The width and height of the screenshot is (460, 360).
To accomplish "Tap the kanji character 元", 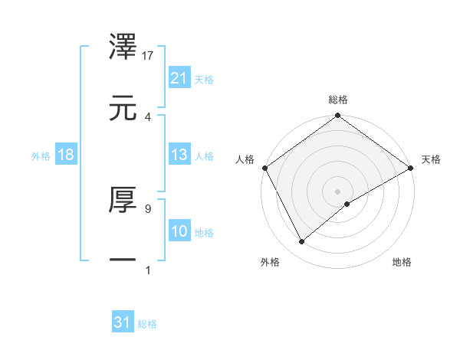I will (124, 108).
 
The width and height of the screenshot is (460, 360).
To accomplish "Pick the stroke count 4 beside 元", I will (148, 116).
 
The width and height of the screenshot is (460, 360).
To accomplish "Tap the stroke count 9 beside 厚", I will (148, 208).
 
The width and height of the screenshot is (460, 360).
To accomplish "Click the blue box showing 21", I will (179, 78).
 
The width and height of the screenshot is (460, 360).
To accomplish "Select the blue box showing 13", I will (179, 155).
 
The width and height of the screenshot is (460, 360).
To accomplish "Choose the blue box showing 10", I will (179, 231).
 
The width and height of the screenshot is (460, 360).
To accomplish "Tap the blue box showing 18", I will (66, 155).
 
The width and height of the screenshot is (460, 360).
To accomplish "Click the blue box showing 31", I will (122, 322).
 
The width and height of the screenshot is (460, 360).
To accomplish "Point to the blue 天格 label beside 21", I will (204, 79).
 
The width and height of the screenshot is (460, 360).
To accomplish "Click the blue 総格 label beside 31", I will (147, 324).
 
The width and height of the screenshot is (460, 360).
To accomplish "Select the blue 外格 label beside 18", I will (41, 155).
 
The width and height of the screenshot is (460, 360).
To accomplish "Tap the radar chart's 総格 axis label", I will (338, 100).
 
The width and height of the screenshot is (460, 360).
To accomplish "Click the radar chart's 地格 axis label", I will (402, 262).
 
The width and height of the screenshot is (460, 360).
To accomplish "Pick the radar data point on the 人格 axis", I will (264, 167).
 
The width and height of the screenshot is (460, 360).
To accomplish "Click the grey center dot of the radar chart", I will (338, 191).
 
